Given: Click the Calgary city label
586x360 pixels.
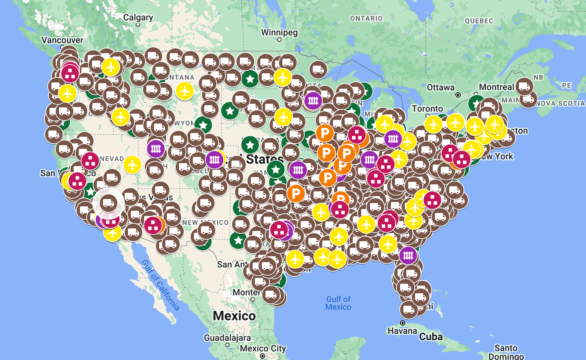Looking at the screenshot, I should tap(138, 18).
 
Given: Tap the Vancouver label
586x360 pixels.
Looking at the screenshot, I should tap(62, 40).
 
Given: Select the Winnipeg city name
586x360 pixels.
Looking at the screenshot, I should tap(279, 32).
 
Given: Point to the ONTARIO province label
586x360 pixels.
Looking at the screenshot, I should tap(366, 18).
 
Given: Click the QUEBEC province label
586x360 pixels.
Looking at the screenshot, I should tap(479, 21).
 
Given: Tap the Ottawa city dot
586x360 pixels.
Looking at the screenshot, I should tap(458, 95).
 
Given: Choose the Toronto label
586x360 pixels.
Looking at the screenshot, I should tap(427, 109).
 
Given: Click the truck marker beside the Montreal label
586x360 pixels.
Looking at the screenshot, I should tap(524, 87).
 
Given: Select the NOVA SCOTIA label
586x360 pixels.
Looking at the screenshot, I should tap(560, 103).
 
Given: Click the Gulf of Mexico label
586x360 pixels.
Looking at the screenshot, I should tap(338, 303).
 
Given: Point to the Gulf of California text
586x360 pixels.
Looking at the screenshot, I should tap(160, 285).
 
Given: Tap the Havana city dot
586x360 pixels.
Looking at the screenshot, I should tap(403, 323).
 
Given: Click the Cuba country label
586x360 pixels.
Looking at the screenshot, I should tap(431, 337).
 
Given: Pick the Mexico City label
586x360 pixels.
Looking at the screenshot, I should tap(263, 348).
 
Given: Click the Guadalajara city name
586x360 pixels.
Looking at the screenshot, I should tap(227, 338).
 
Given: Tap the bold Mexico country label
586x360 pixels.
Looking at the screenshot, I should tap(234, 316).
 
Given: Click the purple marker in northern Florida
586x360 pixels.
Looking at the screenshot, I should tap(408, 256).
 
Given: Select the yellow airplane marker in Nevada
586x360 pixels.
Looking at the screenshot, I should tap(132, 165).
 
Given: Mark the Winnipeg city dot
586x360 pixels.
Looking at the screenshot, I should tap(279, 40).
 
